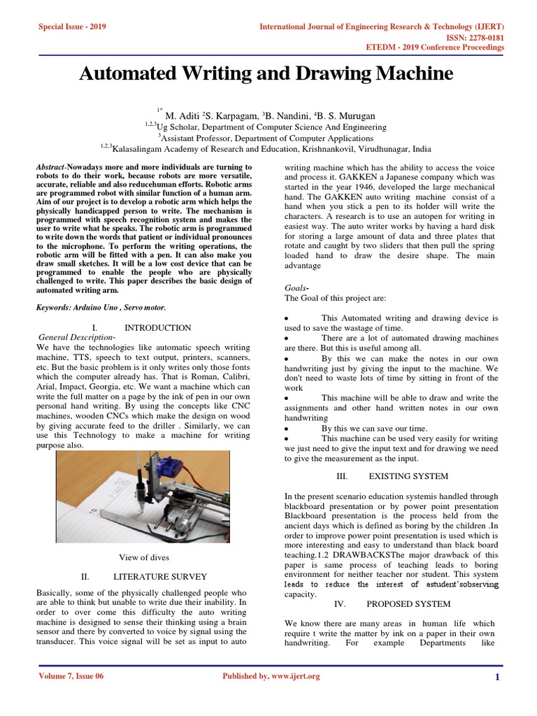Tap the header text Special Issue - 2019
tap(72, 27)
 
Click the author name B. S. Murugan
tap(351, 115)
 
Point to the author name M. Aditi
tap(182, 115)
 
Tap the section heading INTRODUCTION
tap(157, 327)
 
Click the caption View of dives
tap(143, 557)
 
